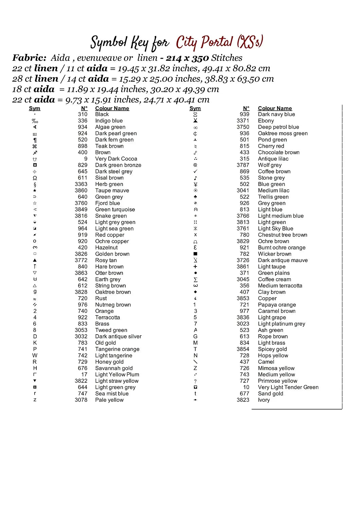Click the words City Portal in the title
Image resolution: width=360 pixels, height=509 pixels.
click(204, 42)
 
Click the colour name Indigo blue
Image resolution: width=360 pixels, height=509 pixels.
click(109, 121)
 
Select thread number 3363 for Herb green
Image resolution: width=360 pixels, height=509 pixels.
click(81, 184)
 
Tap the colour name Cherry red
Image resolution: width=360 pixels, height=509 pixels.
click(271, 146)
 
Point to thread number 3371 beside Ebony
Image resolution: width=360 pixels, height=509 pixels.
click(243, 121)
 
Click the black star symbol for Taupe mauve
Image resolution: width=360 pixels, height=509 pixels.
click(35, 191)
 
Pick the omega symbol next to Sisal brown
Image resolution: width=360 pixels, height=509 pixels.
click(35, 178)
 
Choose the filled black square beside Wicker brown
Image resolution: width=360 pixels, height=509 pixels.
click(195, 254)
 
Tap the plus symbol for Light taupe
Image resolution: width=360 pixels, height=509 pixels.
click(195, 267)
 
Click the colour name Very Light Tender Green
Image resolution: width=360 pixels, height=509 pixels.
click(288, 387)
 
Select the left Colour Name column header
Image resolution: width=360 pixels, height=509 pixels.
click(112, 108)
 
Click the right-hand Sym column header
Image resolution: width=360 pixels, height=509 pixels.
click(195, 108)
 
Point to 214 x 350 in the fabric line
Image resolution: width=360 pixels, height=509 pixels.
click(187, 58)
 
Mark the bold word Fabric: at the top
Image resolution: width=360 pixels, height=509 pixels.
click(29, 58)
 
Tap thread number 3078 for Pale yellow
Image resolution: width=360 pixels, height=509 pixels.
click(81, 400)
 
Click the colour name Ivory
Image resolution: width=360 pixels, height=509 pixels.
click(264, 400)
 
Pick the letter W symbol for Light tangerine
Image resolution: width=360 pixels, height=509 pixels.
click(35, 356)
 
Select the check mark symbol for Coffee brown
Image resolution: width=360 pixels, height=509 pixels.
click(195, 171)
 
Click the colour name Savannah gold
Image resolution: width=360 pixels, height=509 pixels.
click(114, 368)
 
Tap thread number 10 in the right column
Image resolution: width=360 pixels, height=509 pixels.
click(246, 387)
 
